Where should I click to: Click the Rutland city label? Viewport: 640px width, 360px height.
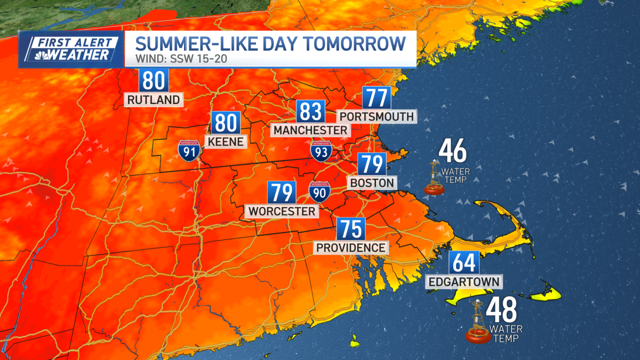point(154,100)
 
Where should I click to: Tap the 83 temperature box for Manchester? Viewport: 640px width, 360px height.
point(311,112)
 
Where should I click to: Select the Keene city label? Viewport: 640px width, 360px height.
point(226,142)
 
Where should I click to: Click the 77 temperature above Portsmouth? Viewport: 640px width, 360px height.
point(377,99)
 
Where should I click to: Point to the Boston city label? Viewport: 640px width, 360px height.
point(372,183)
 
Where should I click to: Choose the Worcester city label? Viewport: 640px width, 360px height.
point(282,211)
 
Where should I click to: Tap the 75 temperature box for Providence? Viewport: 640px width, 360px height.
point(350,229)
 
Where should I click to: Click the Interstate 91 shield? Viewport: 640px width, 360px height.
point(189,150)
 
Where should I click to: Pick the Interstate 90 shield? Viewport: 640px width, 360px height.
point(319,190)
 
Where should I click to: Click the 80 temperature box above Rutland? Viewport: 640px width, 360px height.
point(154,81)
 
